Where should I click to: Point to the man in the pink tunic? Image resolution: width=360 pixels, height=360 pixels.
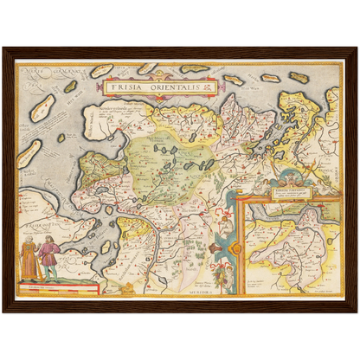tap(49, 258)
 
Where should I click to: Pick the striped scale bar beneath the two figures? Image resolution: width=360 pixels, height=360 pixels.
tap(57, 286)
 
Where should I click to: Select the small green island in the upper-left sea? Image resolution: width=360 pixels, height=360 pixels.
tap(69, 87)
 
